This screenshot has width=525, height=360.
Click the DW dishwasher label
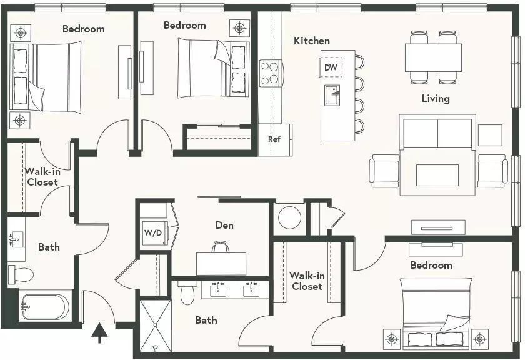tap(331, 67)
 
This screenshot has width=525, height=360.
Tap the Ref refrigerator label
tap(274, 139)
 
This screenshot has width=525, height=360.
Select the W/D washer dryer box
tap(154, 232)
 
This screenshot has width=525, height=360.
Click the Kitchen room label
tap(312, 41)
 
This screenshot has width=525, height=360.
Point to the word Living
tap(435, 99)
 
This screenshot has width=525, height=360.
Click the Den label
tap(224, 225)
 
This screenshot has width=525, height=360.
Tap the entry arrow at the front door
tap(99, 333)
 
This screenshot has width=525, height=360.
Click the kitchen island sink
tap(332, 95)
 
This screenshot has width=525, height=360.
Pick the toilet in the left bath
tap(21, 274)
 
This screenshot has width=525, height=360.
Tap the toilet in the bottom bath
tap(187, 292)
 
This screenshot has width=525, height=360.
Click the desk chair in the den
tap(221, 247)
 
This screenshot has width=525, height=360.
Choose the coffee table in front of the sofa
tap(437, 175)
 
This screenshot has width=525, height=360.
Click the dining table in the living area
tap(433, 57)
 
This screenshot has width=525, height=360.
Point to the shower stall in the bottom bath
tap(156, 325)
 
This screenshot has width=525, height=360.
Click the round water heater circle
tap(289, 217)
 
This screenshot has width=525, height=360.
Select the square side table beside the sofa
tap(490, 135)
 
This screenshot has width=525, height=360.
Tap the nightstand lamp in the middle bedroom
tap(239, 27)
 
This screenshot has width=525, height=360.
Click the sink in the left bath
tap(16, 239)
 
